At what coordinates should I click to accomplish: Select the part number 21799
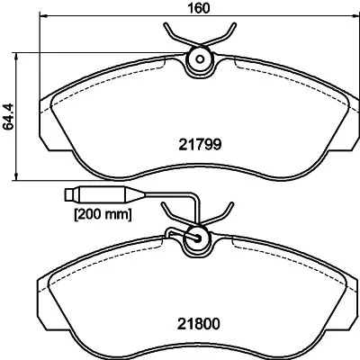point(198,142)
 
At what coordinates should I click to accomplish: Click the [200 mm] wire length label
point(103,214)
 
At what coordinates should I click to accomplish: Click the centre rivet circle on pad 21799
point(197,61)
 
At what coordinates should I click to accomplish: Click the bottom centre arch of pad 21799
point(197,172)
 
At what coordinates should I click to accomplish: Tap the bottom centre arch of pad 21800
point(197,353)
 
